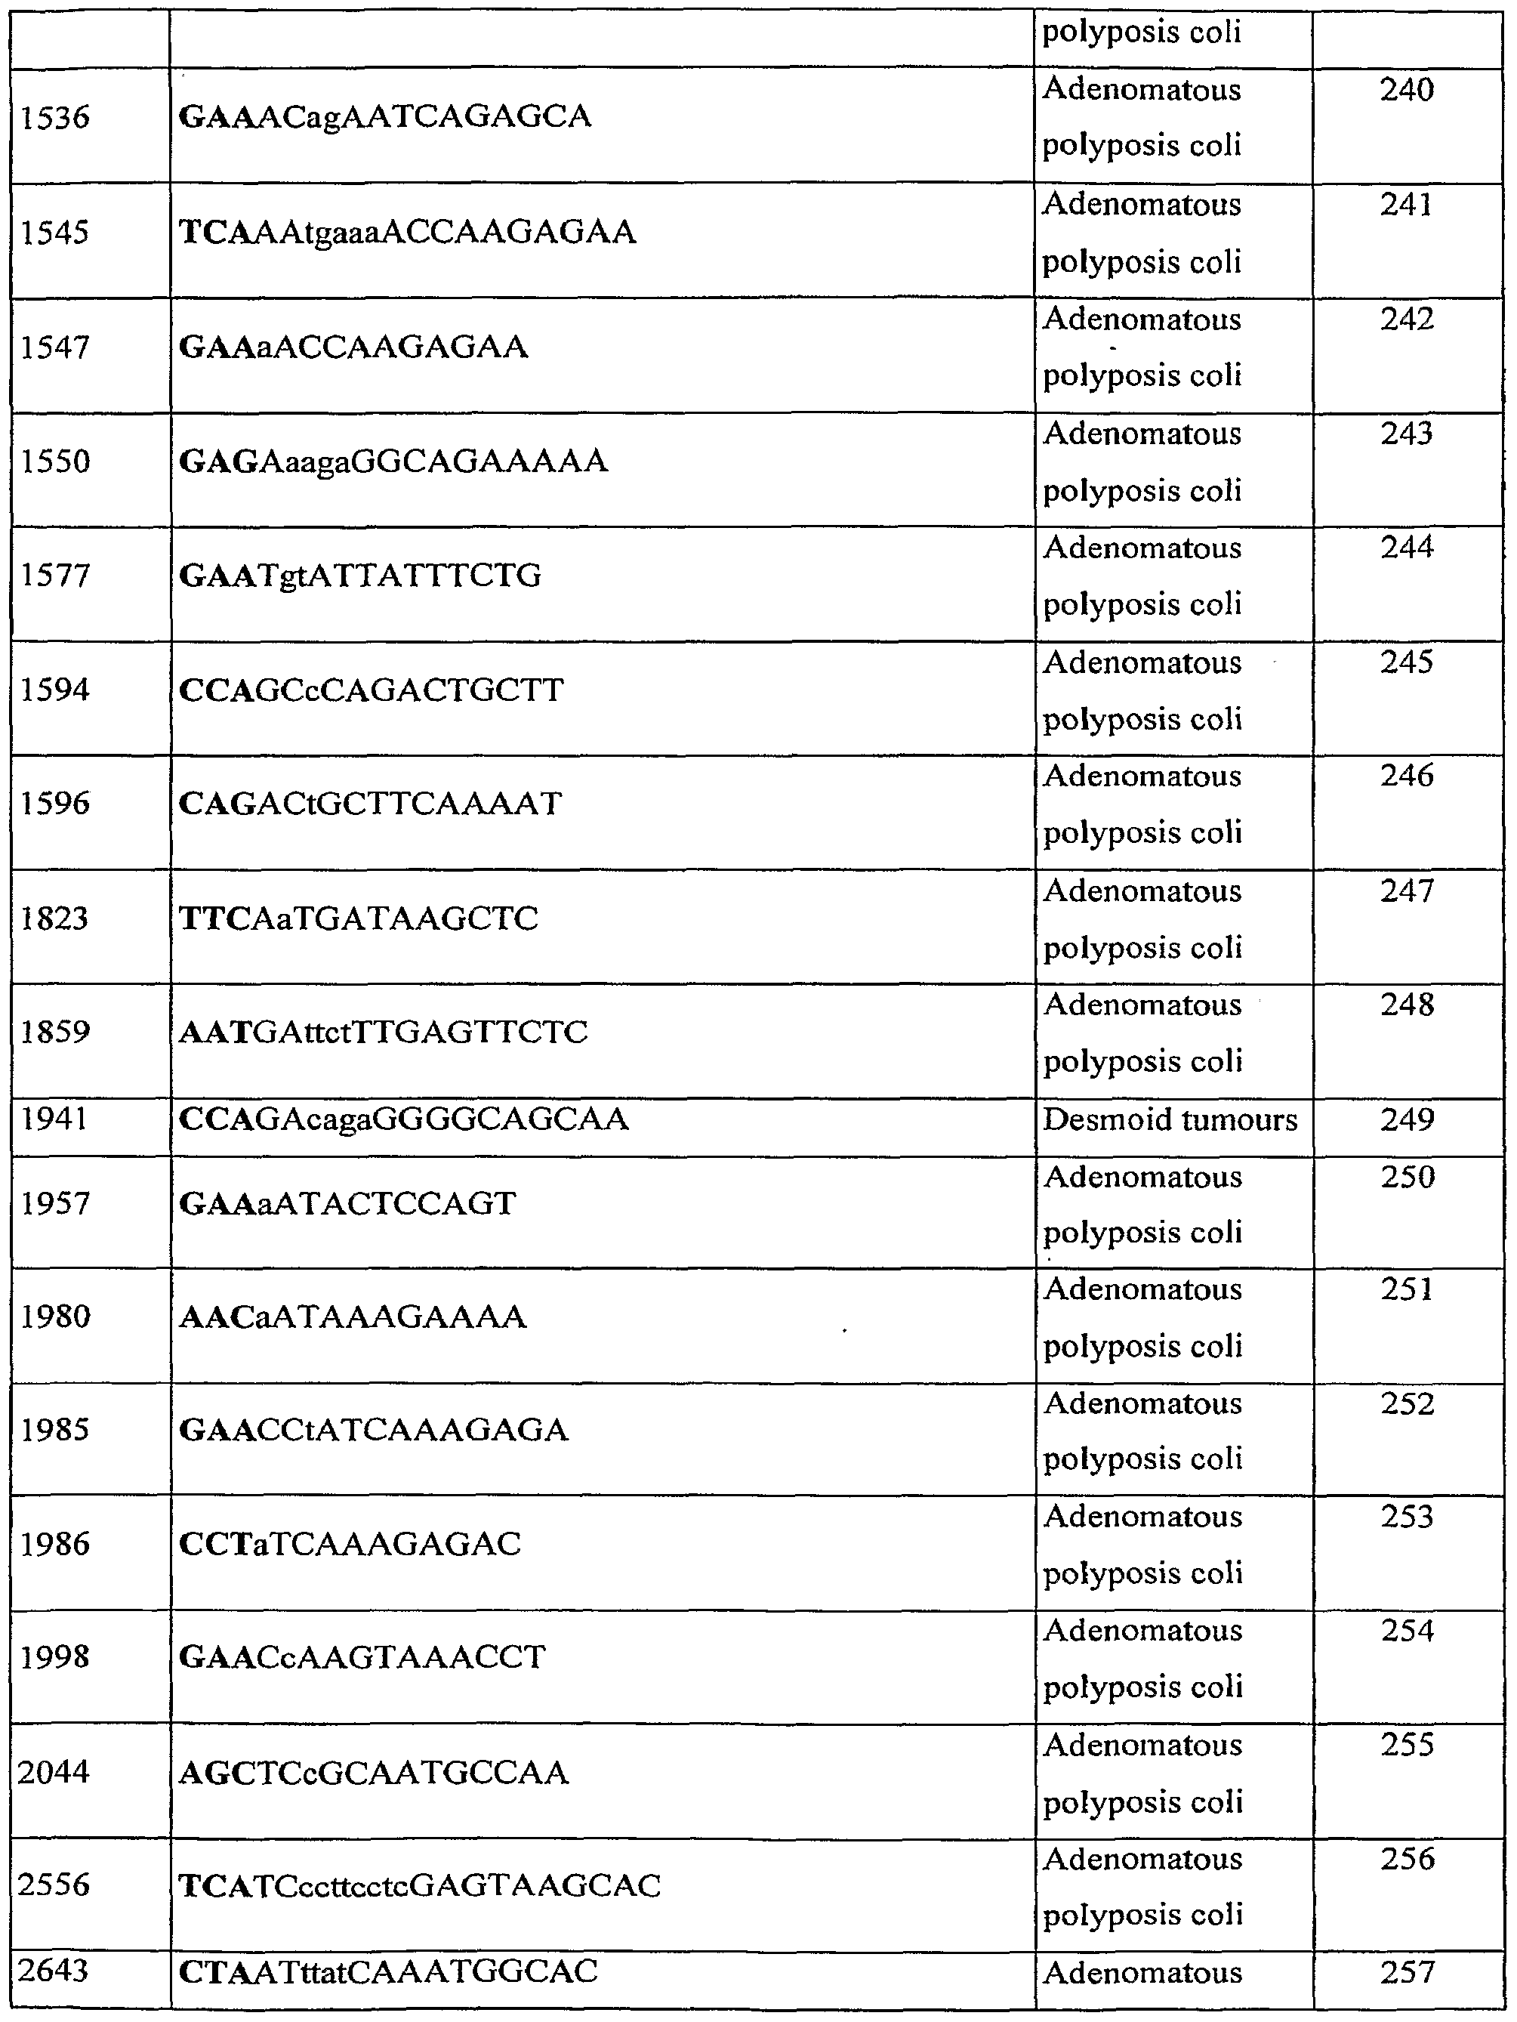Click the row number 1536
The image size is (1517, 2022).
click(55, 118)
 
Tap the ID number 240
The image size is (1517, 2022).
click(1407, 90)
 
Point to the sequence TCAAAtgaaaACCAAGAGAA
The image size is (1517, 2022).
click(408, 232)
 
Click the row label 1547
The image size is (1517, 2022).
click(55, 347)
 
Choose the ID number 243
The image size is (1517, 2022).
click(1407, 434)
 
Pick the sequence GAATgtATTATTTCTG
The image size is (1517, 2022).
click(360, 576)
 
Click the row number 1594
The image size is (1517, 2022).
click(55, 690)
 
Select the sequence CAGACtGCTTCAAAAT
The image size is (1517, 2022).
click(370, 804)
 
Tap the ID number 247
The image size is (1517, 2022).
click(1407, 891)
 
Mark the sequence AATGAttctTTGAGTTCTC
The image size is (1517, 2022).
click(383, 1032)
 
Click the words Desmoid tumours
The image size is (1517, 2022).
click(1170, 1120)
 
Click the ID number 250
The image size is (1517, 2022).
click(1407, 1177)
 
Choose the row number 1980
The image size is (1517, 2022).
click(55, 1317)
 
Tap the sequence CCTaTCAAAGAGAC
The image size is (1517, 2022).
click(350, 1544)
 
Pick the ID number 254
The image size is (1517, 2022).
click(1407, 1631)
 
